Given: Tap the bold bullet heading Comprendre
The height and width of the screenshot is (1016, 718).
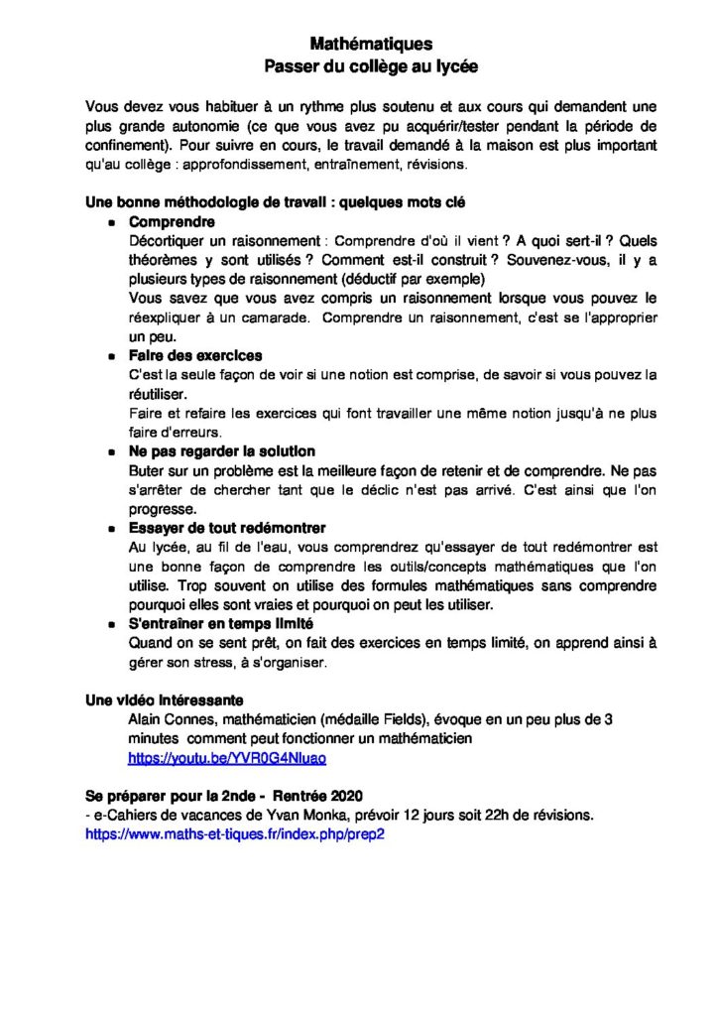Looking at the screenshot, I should click(x=172, y=222).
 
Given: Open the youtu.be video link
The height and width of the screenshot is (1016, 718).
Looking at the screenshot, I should click(x=227, y=758).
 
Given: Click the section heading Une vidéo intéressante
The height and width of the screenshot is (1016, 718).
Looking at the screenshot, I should click(x=165, y=700).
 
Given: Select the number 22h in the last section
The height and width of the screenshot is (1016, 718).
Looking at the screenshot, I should click(x=487, y=816).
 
